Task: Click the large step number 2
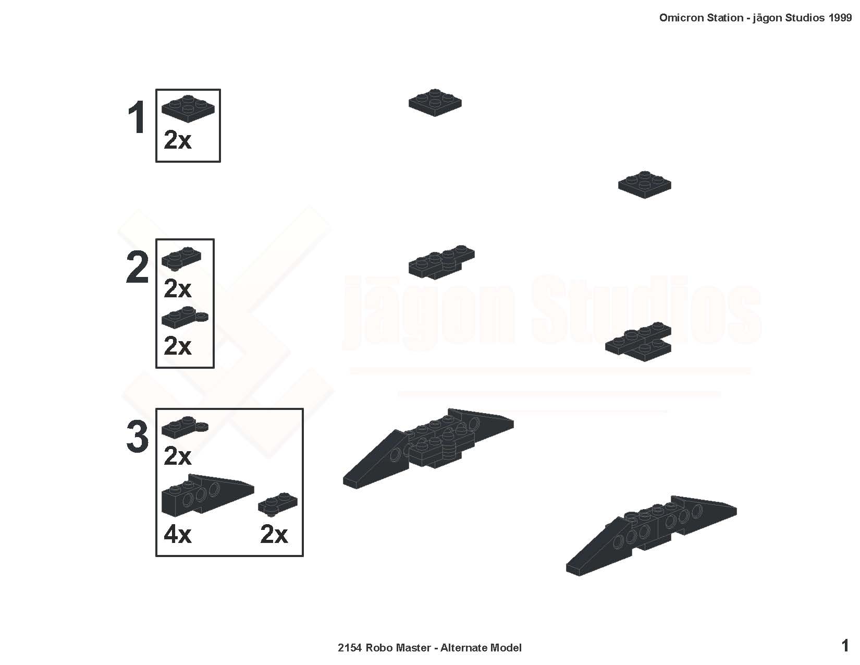coord(137,268)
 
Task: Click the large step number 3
coord(137,437)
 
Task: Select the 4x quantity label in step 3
coord(177,534)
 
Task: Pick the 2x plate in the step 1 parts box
coord(188,108)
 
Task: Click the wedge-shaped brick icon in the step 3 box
coord(208,495)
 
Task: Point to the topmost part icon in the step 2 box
coord(181,259)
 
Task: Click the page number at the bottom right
coord(845,646)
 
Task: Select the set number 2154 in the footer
coord(349,648)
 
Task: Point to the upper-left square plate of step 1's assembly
coord(435,103)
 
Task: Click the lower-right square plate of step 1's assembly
coord(645,185)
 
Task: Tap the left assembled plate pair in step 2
coord(441,262)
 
